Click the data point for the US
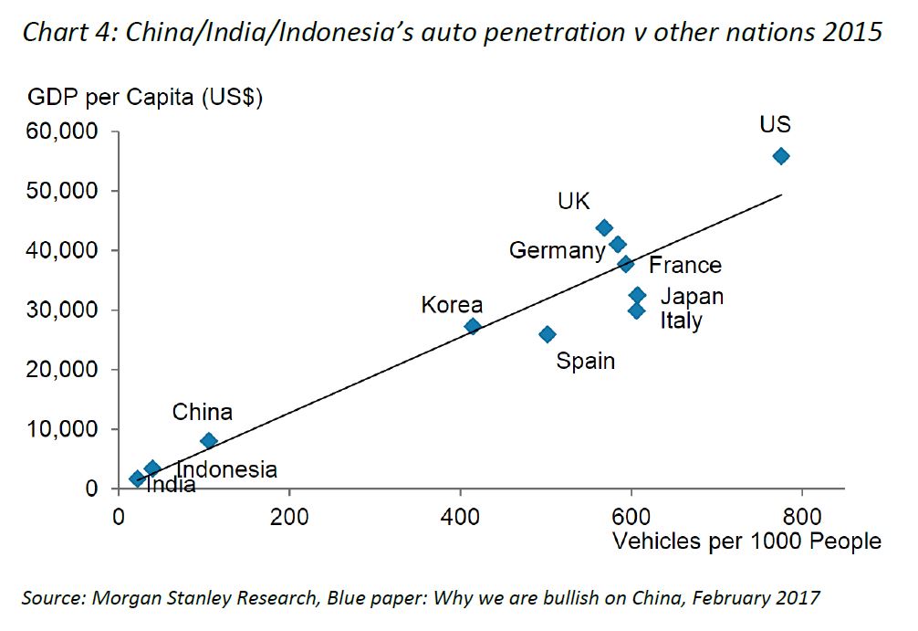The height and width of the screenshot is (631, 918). pos(780,156)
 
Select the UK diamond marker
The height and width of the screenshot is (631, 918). pos(604,228)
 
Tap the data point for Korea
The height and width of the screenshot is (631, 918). pos(472,326)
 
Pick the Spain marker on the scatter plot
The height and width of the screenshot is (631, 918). pos(547,334)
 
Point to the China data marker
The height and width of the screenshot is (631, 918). pos(208,440)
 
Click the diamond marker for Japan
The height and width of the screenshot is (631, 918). pos(638,295)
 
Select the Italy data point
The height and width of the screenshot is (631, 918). pos(636,310)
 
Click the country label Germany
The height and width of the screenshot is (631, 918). pos(557,250)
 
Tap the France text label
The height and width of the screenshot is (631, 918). pos(684,266)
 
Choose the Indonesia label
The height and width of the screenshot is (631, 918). pos(226,470)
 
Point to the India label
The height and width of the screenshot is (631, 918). pos(171,485)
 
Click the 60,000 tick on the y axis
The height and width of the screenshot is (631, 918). pos(64,132)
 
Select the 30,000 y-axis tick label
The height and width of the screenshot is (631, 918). pos(64,310)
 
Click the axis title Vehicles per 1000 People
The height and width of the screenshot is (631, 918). pos(746,542)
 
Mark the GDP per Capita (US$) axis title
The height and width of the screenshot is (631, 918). pos(145,97)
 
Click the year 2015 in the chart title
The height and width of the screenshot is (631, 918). pos(852,34)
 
